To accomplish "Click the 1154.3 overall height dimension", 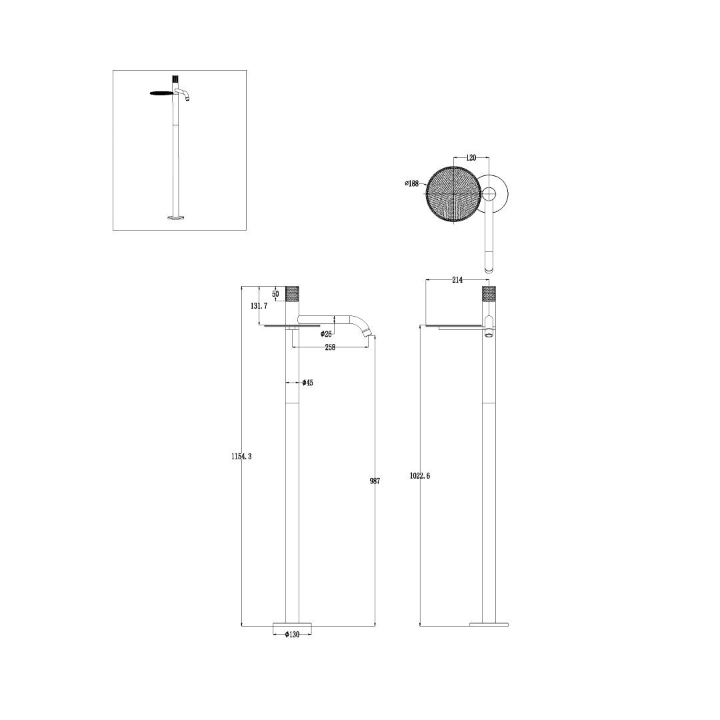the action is [x=241, y=457].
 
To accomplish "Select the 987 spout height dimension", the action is [x=375, y=481].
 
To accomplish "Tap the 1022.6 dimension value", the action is [x=420, y=476].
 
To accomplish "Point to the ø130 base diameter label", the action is [x=292, y=635].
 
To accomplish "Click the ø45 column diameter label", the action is [x=307, y=383].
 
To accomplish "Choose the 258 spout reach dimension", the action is [x=330, y=347].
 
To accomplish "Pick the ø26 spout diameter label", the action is [x=326, y=334].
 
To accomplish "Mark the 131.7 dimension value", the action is [x=259, y=306].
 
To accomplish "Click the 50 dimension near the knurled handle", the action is [x=275, y=294].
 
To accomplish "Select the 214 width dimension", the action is [x=457, y=279].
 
